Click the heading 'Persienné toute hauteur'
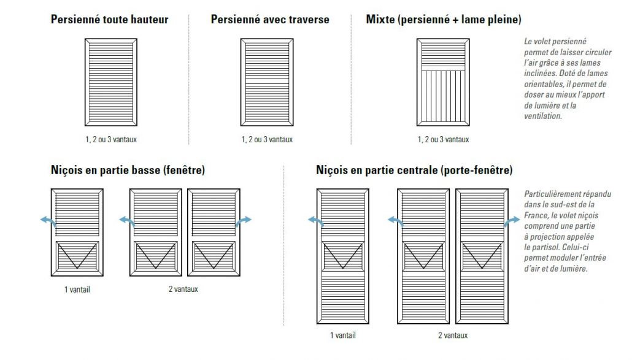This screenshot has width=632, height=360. pos(109,20)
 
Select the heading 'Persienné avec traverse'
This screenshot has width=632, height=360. pos(269,20)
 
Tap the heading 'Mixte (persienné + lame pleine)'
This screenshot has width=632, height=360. pos(444,20)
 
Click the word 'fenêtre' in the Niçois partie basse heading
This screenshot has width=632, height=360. pos(184,170)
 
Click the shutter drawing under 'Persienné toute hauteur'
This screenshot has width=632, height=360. pos(111,82)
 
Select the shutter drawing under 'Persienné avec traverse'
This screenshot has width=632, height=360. pos(267,82)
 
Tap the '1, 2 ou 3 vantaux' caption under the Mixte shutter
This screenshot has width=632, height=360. pos(443,140)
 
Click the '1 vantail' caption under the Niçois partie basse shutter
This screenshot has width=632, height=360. pos(77,289)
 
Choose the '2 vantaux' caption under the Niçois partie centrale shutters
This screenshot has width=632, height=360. pos(453,335)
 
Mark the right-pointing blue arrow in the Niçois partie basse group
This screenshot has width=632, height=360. pos(244,221)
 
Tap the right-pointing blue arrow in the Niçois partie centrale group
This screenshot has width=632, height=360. pos(512,221)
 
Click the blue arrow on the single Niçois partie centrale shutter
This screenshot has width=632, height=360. pos(316,221)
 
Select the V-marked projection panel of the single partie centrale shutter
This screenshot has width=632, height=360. pos(342,256)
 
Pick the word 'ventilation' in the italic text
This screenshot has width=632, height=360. pos(542,116)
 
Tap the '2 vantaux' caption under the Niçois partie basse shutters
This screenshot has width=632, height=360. pos(183,289)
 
